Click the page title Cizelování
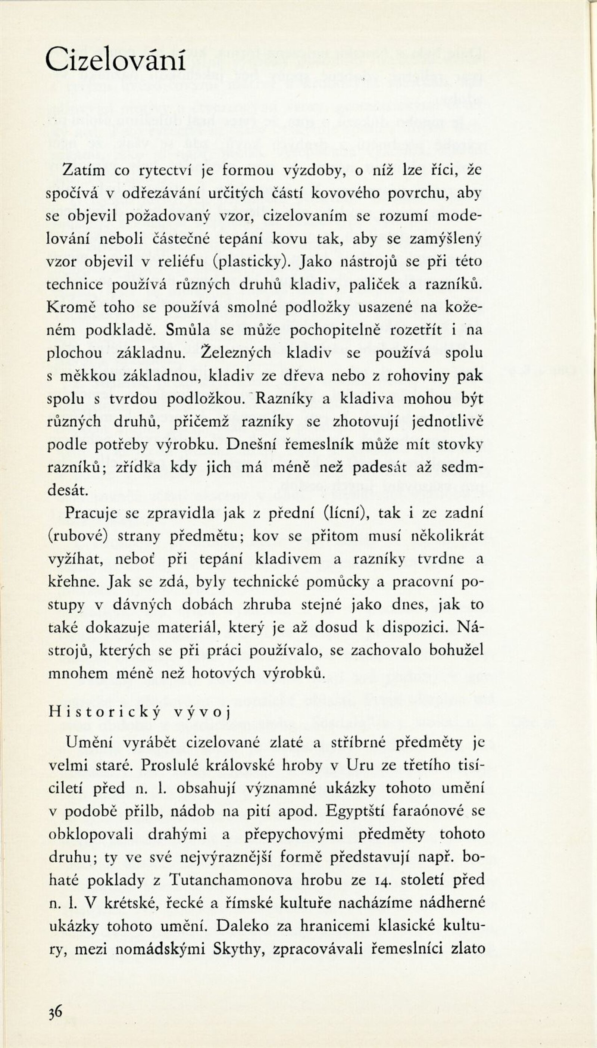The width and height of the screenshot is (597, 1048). [115, 60]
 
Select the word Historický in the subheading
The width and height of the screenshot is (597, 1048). [104, 712]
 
